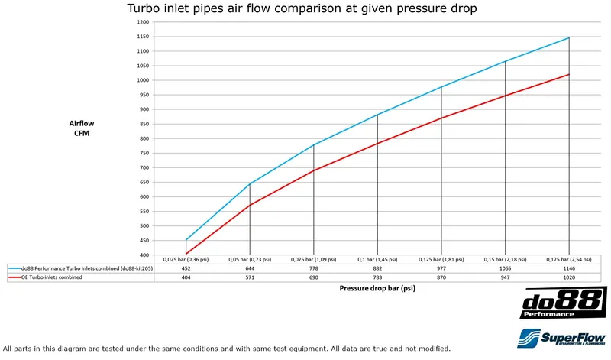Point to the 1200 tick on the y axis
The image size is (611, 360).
click(144, 22)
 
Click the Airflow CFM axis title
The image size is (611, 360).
click(80, 128)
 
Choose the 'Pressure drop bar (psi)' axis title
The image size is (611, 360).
click(377, 289)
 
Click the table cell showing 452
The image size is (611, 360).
click(186, 269)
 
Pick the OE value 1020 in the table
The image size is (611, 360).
click(568, 278)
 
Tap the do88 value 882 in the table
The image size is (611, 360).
click(377, 269)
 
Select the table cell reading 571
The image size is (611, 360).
click(250, 278)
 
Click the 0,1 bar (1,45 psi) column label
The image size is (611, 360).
click(377, 260)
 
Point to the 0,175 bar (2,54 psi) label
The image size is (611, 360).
click(568, 260)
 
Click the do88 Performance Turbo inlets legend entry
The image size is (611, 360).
click(81, 269)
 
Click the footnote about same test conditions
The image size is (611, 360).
click(221, 349)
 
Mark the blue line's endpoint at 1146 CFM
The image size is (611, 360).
click(569, 37)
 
